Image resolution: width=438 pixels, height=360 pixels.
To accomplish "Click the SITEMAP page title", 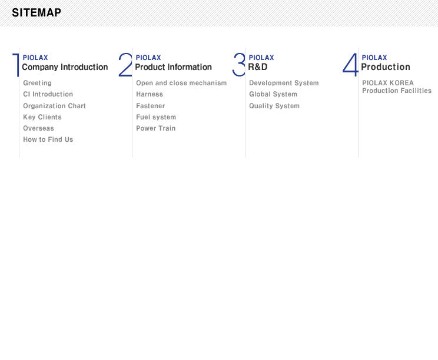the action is point(36,12).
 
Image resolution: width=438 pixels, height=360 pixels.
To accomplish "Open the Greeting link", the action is point(38,83).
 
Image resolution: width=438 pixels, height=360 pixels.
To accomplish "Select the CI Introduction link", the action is point(48,94).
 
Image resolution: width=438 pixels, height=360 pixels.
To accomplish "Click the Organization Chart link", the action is point(55,106).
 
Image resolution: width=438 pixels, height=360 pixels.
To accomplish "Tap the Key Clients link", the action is point(42,117).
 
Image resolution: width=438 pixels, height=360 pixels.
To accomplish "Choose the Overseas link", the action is point(38,128).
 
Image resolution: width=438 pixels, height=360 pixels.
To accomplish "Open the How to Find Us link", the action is point(48,139).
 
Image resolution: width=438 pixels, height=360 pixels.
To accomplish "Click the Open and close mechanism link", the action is point(181,83).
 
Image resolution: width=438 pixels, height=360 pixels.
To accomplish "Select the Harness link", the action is point(150,94).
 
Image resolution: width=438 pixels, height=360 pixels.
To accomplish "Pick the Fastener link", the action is point(151,106).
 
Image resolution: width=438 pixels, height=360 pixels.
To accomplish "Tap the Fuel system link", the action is point(156,117).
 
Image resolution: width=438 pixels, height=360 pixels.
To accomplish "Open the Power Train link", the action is point(156,128).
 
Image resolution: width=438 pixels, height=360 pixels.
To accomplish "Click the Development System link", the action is point(284,83).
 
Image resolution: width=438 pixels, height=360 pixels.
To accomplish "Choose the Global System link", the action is point(273,94).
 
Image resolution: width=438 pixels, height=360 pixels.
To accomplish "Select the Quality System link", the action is point(274,106).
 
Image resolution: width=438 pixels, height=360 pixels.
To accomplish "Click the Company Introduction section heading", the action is point(65,67).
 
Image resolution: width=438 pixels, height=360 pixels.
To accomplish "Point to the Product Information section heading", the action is point(174,67).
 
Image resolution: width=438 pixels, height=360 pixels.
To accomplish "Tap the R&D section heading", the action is point(258,67).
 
